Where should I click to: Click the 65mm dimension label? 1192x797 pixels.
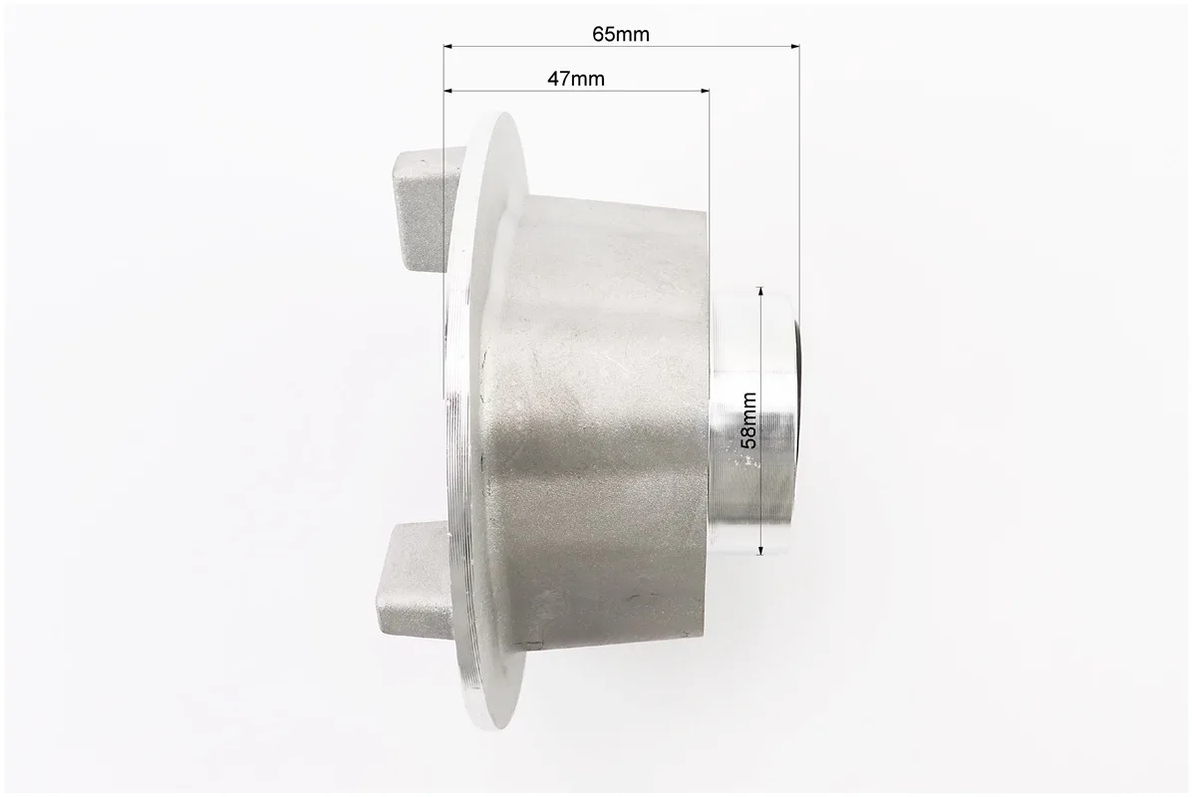[x=621, y=34]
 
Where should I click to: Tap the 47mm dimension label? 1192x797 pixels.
[x=575, y=78]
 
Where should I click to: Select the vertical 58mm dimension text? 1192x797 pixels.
[x=748, y=420]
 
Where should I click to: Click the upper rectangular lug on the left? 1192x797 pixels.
[x=422, y=209]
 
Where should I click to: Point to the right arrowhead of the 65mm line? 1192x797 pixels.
[x=794, y=47]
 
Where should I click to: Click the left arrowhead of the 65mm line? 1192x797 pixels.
[x=449, y=47]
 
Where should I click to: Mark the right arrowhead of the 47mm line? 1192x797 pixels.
[x=704, y=92]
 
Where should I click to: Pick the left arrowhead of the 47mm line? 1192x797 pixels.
[x=449, y=92]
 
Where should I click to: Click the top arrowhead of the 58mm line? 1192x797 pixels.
[x=760, y=291]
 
